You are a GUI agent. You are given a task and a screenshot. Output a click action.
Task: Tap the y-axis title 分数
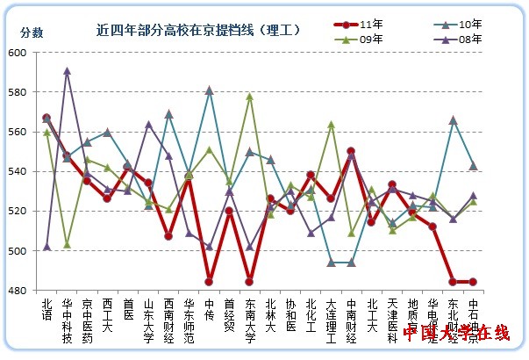coord(32,32)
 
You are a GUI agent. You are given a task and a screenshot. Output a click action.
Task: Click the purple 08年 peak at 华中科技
coord(67,71)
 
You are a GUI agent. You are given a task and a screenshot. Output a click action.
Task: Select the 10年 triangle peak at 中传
coord(209,90)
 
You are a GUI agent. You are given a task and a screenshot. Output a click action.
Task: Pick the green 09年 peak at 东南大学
coord(250,97)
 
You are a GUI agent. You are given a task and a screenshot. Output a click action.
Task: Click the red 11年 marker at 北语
coord(46,118)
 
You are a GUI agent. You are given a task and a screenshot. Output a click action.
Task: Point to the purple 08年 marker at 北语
coord(46,247)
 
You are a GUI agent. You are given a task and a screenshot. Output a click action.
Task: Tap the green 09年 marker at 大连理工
coord(331,125)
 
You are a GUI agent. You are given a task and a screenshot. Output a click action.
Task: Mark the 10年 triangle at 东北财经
coord(453,119)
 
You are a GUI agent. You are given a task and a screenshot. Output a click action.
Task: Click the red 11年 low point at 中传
coord(209,282)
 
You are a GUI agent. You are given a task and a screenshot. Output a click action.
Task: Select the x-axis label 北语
coord(46,310)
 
